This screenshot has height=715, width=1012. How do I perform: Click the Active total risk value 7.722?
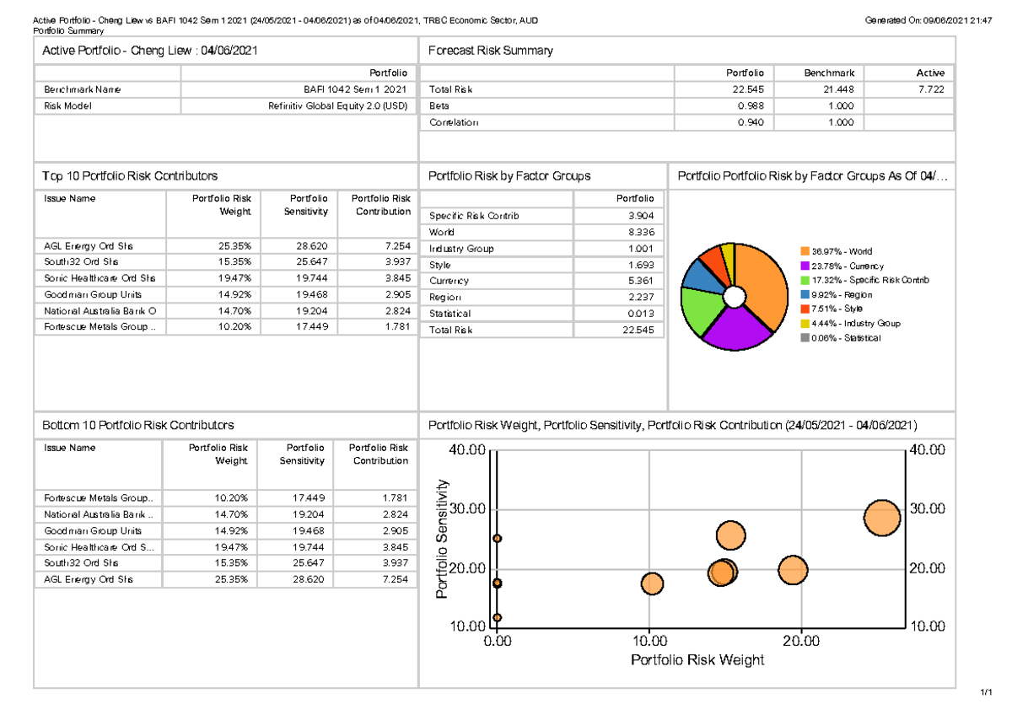[x=931, y=89]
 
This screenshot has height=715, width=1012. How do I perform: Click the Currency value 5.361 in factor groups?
[x=640, y=281]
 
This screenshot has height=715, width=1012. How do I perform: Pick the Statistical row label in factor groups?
[x=450, y=314]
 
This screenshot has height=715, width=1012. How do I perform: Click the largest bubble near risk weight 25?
[x=882, y=518]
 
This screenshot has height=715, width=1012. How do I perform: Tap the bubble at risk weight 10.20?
[x=652, y=583]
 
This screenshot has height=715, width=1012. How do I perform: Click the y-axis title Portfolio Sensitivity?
[x=441, y=540]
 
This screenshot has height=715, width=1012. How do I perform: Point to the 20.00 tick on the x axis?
[x=800, y=642]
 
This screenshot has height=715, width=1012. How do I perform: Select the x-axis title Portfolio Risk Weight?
[x=697, y=660]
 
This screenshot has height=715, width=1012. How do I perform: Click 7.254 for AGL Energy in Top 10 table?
[x=395, y=246]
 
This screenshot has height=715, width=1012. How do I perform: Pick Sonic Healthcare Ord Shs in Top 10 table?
[x=100, y=277]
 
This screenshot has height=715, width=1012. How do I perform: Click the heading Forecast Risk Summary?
[x=490, y=51]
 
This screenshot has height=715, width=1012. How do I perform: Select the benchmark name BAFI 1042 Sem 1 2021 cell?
[x=355, y=89]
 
